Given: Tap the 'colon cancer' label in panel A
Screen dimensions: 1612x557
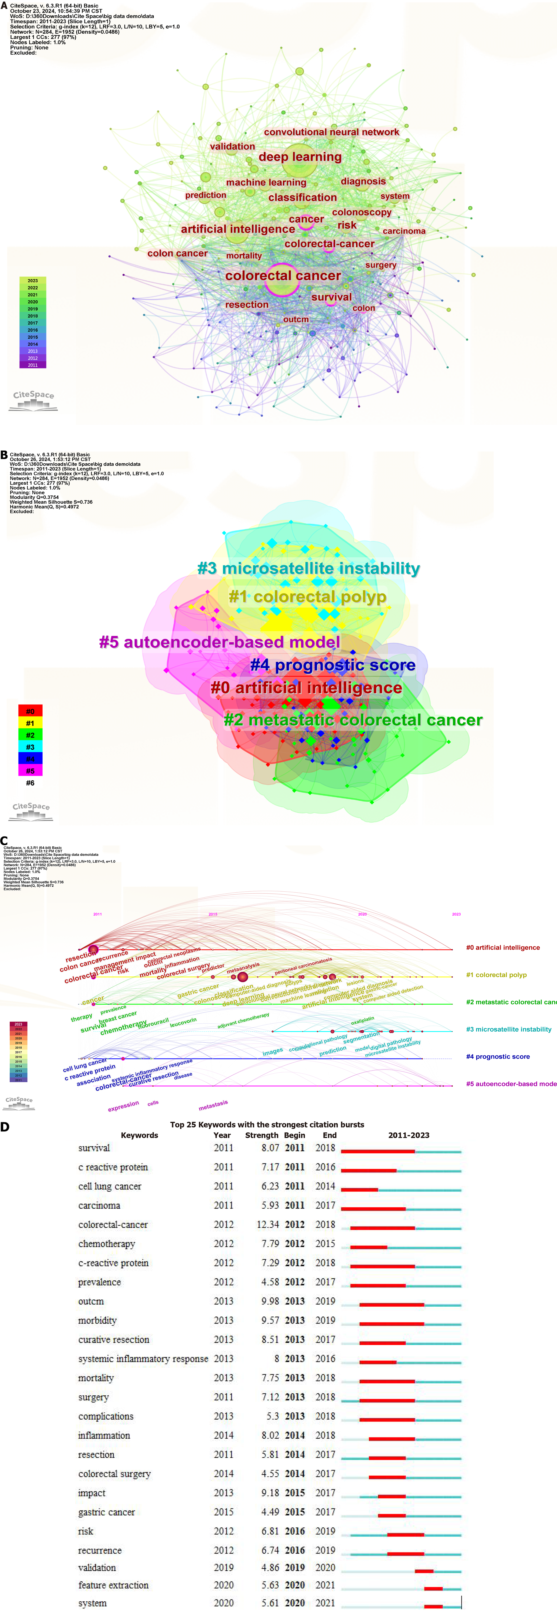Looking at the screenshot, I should click(177, 253).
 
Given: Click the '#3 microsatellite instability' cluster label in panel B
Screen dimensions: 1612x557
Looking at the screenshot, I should click(308, 568).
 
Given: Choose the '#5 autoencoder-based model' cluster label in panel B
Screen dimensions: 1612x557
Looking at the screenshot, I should click(220, 642).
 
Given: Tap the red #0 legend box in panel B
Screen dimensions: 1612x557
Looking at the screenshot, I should click(30, 711).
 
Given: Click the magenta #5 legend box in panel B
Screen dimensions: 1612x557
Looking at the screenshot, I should click(30, 770).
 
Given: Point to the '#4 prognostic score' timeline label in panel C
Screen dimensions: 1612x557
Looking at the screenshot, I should click(498, 1056).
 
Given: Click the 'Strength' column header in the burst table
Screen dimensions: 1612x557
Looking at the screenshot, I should click(262, 1135).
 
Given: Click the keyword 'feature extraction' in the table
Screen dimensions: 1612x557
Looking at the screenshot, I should click(113, 1585).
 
